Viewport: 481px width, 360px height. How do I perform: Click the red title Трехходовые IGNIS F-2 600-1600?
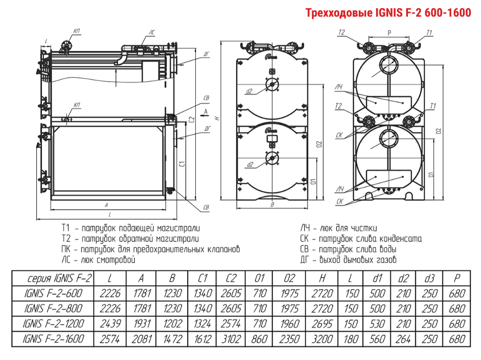coord(389,13)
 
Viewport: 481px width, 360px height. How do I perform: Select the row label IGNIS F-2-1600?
coord(53,339)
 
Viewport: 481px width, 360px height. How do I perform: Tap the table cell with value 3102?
coord(231,339)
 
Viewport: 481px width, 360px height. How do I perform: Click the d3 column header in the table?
coord(429,278)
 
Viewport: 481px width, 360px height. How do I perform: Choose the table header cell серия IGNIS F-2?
coord(53,278)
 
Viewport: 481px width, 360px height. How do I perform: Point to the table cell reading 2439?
coord(110,324)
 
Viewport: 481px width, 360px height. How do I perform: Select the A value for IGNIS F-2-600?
coord(141,294)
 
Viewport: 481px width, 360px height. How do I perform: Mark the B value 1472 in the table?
coord(172,339)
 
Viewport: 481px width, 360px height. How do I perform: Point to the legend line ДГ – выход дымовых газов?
coord(348,260)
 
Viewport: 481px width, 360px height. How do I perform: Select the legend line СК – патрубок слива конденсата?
coord(361,239)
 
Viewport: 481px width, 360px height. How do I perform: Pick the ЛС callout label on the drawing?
coord(151,32)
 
